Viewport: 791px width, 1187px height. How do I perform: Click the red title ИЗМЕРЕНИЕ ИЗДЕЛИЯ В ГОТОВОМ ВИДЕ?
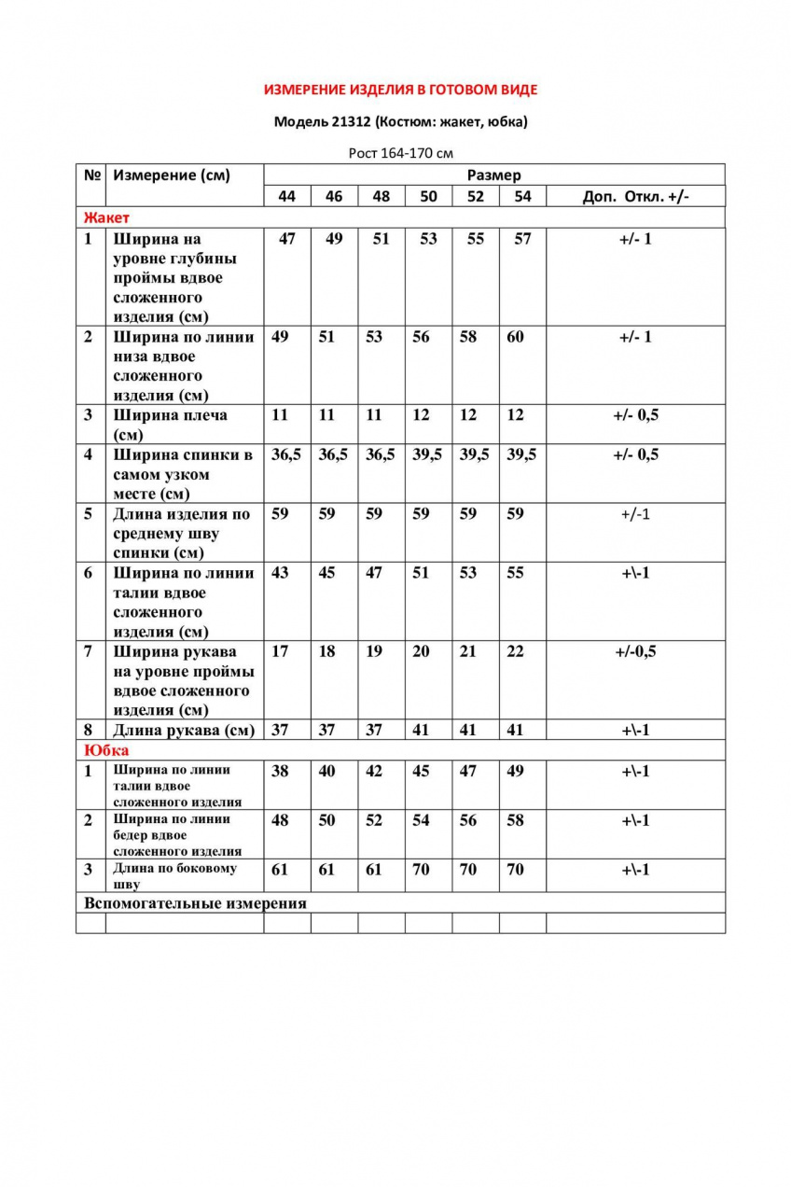(x=401, y=91)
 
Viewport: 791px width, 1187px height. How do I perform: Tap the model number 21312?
(x=350, y=121)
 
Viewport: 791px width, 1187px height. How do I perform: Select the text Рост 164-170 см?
(x=401, y=153)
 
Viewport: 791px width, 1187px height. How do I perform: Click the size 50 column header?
(x=428, y=196)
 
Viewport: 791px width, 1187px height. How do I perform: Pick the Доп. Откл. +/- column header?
(x=635, y=196)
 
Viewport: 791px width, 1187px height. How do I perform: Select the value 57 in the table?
(x=522, y=239)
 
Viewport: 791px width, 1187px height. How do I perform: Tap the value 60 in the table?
(x=515, y=337)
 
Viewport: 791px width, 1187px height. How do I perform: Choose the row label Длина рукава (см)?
(x=184, y=730)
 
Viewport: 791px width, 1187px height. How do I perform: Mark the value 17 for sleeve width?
(x=280, y=651)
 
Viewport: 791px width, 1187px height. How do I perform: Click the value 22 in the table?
(x=515, y=651)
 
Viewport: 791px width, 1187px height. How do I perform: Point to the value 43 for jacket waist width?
(x=280, y=573)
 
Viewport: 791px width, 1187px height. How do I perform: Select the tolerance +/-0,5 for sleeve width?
(x=635, y=651)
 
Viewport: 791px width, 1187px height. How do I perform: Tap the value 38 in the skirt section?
(x=280, y=771)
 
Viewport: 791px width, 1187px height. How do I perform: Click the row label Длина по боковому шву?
(x=173, y=875)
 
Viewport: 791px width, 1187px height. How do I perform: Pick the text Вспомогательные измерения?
(x=195, y=903)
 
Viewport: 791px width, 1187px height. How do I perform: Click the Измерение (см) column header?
(x=172, y=175)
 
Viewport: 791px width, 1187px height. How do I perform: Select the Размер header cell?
(x=494, y=175)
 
